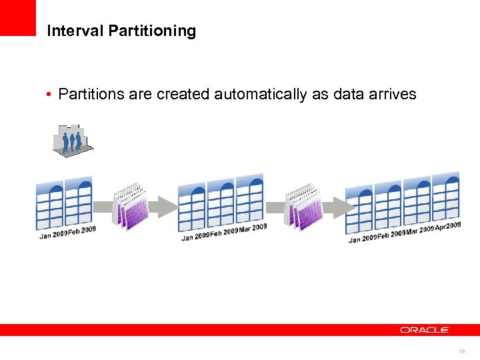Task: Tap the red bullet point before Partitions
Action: tap(50, 95)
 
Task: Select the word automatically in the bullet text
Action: tap(261, 95)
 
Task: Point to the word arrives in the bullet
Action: tap(393, 95)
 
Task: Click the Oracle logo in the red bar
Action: tap(425, 329)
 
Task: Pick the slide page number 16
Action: tap(461, 351)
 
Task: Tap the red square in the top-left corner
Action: tap(17, 17)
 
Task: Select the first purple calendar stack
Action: tap(130, 205)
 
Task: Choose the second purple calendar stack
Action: tap(303, 205)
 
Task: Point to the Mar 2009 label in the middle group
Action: tap(253, 229)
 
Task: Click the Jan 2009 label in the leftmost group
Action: tap(53, 234)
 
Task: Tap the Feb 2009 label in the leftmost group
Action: tap(82, 231)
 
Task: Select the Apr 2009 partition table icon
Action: tap(446, 197)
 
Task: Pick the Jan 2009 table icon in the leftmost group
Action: tap(49, 203)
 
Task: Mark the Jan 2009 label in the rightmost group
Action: tap(363, 238)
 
